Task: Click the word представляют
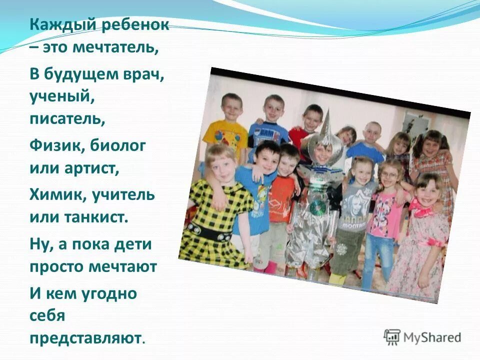click(x=86, y=338)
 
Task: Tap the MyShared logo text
click(x=432, y=337)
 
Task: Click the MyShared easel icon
click(x=392, y=337)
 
